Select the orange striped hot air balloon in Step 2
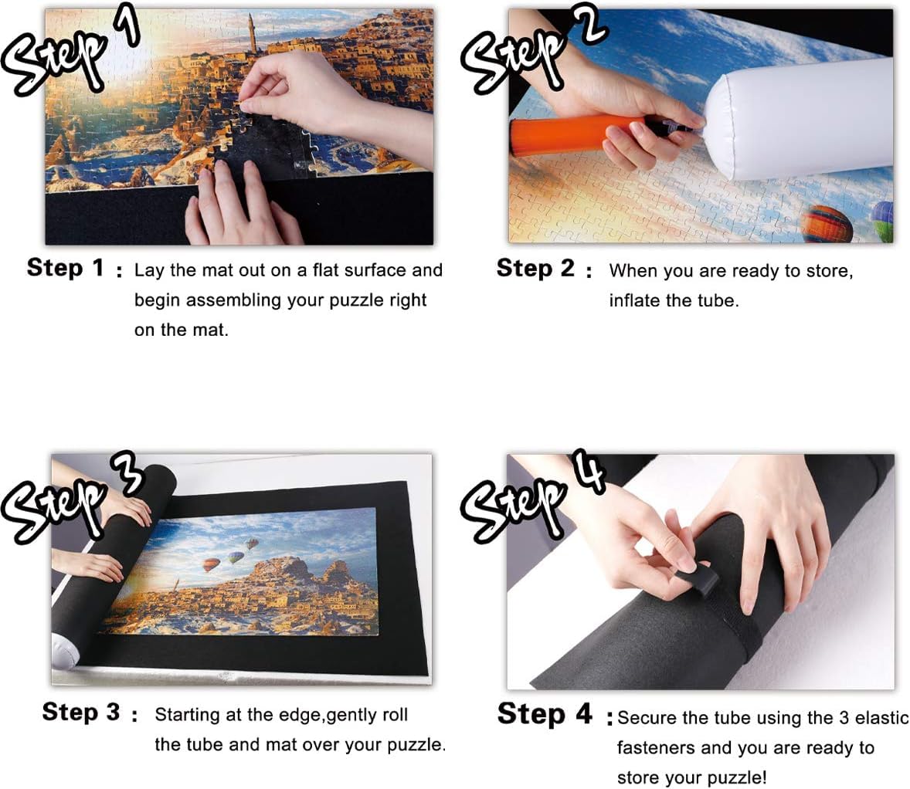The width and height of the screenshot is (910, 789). click(827, 224)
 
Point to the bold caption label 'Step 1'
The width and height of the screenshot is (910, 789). click(66, 268)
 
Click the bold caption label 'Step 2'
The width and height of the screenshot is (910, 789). click(535, 269)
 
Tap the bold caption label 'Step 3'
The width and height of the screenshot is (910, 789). click(80, 712)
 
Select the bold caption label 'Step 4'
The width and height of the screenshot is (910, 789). click(545, 713)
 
